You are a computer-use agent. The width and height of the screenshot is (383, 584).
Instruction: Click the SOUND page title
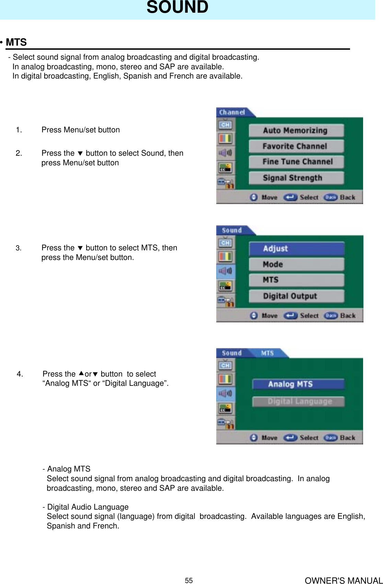coord(177,8)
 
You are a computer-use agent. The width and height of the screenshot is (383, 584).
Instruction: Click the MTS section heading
coord(16,42)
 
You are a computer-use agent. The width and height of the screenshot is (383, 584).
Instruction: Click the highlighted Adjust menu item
coord(296,249)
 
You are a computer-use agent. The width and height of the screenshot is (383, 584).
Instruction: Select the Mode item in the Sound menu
coord(296,264)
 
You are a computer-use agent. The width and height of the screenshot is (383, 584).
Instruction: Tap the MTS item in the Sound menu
coord(296,280)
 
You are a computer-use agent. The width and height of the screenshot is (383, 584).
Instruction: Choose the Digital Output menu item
coord(296,296)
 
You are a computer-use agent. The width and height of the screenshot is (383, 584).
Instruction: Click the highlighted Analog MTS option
coord(298,384)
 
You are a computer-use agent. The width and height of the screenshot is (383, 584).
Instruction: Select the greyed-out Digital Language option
coord(298,402)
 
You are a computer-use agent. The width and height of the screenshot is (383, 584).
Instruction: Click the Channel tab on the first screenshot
coord(232,112)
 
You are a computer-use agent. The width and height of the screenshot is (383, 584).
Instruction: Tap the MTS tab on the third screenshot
coord(267,353)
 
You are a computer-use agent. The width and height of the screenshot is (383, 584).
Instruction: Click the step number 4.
coord(20,374)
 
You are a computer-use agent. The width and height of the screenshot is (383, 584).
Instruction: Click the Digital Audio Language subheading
coord(88,507)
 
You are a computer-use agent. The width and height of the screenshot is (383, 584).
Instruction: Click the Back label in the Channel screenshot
coord(347,198)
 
